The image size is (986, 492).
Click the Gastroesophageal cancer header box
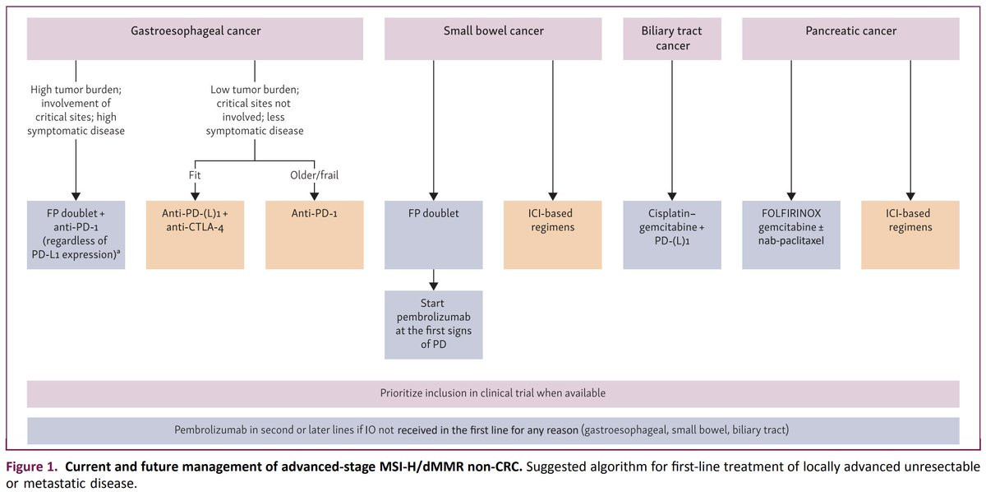[195, 39]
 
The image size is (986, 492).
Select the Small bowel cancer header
[493, 39]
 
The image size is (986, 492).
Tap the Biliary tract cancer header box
[672, 39]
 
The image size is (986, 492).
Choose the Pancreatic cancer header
[851, 39]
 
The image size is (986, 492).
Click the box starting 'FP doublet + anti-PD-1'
[76, 235]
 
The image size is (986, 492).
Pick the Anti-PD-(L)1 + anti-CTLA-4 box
[195, 235]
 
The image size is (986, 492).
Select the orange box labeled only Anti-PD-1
[314, 235]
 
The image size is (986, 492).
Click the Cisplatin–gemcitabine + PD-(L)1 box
[672, 235]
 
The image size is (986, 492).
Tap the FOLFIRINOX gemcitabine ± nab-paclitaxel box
[791, 235]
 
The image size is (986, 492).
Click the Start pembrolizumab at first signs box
[434, 325]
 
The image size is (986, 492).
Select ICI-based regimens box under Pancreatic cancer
[910, 235]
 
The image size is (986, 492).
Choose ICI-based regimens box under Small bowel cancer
[553, 235]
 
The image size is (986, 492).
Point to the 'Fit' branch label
[195, 175]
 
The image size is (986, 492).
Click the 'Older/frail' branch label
[314, 175]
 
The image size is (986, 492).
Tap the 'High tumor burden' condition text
[76, 110]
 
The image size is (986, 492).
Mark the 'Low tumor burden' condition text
[255, 110]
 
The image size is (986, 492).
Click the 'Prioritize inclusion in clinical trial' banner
[493, 394]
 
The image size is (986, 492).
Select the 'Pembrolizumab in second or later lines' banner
[493, 431]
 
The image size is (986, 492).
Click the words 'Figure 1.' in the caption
[32, 466]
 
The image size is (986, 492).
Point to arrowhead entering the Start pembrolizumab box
[434, 286]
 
